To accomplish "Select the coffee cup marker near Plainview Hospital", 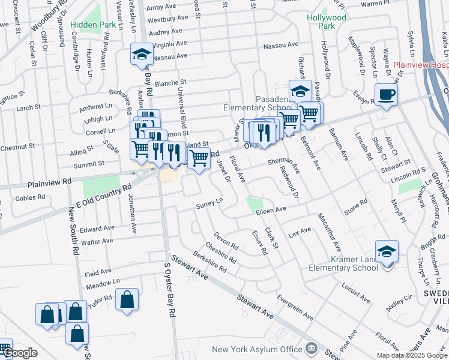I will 386,95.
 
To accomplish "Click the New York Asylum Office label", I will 256,349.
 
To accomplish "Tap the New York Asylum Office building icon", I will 311,348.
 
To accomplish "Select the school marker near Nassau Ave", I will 142,55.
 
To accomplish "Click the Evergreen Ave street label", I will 296,307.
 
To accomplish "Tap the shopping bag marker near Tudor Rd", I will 127,300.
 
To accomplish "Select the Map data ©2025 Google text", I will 412,355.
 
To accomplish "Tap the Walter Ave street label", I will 97,241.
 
